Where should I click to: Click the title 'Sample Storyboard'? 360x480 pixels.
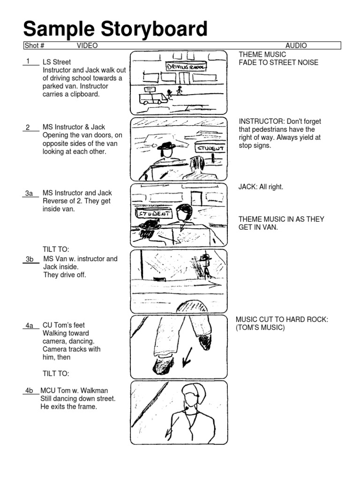click(x=115, y=29)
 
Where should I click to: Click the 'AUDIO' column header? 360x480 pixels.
click(x=296, y=45)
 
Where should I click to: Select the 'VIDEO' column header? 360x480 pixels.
click(x=87, y=45)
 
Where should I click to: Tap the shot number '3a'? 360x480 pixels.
click(x=29, y=193)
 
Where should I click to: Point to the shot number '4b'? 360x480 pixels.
click(x=29, y=390)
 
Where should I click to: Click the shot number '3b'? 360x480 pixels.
click(x=30, y=259)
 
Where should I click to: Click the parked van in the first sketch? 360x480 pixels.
click(x=153, y=98)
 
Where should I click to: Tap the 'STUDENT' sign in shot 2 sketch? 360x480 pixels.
click(x=211, y=148)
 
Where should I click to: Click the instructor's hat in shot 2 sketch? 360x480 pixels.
click(x=166, y=146)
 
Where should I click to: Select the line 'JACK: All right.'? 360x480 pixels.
click(x=261, y=187)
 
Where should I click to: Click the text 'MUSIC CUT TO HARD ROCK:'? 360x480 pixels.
click(x=281, y=320)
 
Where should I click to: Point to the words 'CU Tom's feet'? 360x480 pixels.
click(x=64, y=325)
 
